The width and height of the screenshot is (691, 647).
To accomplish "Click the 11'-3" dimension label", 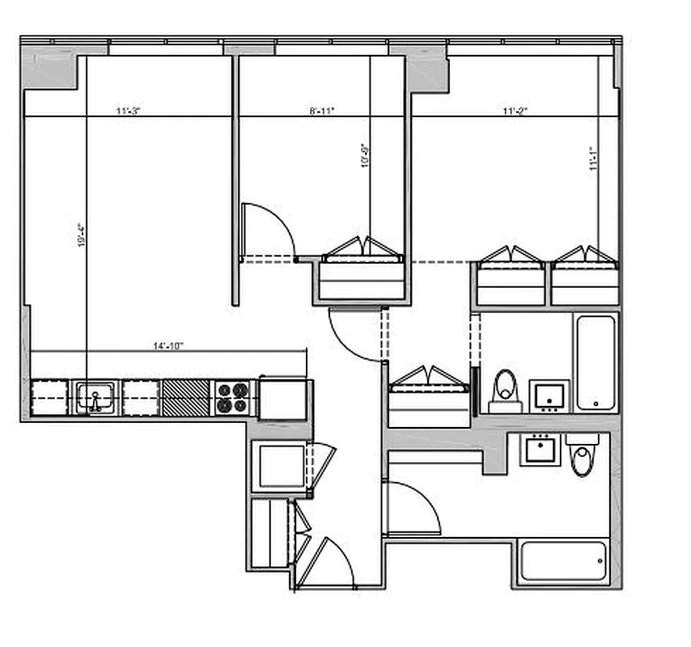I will tap(128, 111).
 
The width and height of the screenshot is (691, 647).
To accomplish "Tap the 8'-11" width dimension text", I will tap(322, 111).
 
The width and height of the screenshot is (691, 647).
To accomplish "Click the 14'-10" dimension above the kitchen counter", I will tap(168, 345).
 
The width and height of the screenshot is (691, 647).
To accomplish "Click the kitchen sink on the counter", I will tap(95, 398).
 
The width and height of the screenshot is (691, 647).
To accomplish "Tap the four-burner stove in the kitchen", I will tap(233, 398).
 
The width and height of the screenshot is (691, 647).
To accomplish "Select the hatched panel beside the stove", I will tap(186, 398).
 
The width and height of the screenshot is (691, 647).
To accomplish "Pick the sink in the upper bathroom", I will tap(549, 395).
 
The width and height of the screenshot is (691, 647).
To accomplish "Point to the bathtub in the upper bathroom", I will tap(596, 362).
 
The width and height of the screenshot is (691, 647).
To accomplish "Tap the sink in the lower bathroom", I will tap(540, 449).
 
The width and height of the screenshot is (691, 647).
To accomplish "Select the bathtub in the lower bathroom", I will tap(562, 560).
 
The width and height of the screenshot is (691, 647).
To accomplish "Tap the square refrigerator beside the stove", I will tap(282, 399).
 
